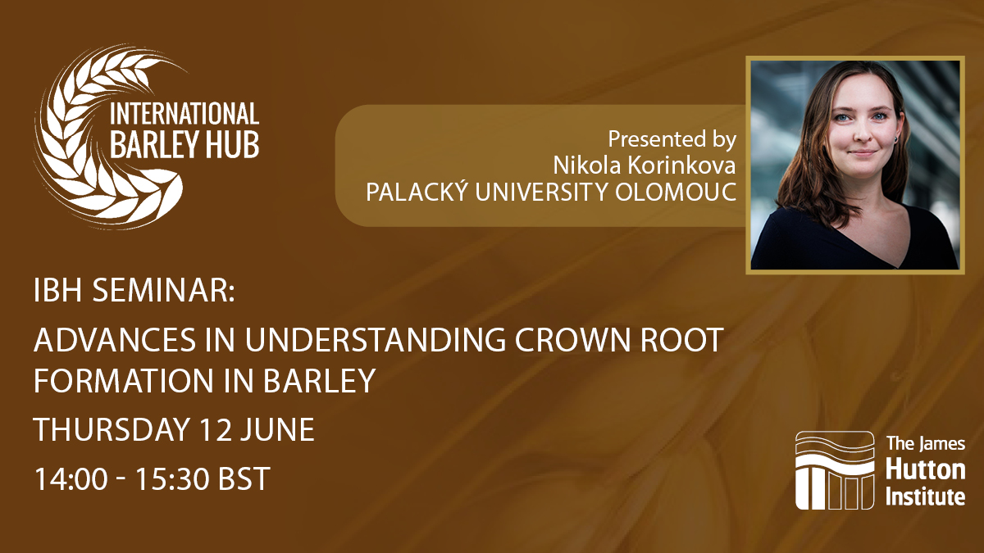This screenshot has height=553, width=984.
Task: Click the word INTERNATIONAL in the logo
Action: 184,114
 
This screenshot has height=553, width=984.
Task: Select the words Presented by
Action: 672,140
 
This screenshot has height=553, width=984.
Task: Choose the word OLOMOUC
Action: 675,192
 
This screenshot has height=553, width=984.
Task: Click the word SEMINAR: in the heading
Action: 164,291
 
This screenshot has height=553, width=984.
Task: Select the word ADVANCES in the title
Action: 115,339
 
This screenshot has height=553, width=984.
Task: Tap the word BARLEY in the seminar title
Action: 319,380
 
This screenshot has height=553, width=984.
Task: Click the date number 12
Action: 215,429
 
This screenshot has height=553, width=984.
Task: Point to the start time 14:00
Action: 71,478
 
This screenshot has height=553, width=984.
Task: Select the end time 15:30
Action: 171,478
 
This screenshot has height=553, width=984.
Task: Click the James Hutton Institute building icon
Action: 835,470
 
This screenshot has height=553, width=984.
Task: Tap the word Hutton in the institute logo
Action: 925,471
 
